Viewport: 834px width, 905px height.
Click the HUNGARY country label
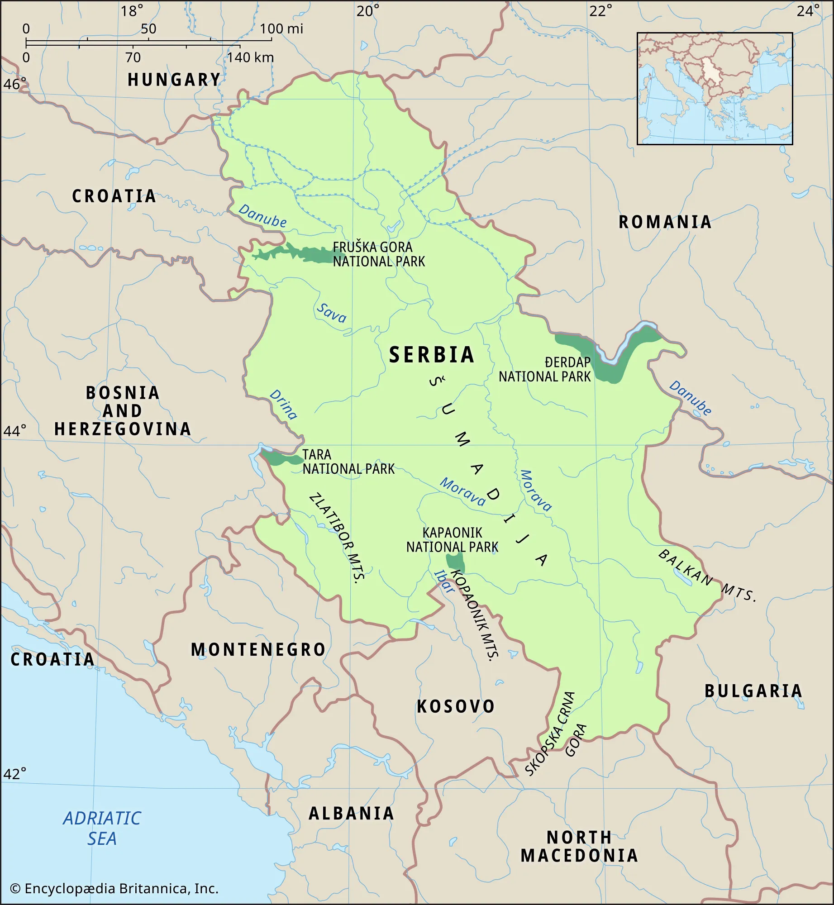click(x=174, y=80)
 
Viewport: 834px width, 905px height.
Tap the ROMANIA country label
click(x=665, y=222)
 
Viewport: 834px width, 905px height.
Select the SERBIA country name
click(x=432, y=355)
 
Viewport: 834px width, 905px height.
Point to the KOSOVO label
click(x=456, y=706)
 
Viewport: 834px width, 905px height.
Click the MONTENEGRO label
click(x=258, y=650)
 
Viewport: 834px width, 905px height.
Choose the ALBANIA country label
click(x=351, y=814)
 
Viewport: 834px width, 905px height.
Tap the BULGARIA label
click(x=753, y=691)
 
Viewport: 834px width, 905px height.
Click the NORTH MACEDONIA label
click(x=579, y=847)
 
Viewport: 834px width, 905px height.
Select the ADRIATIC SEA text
click(x=102, y=829)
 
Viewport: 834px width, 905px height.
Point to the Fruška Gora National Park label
click(x=378, y=254)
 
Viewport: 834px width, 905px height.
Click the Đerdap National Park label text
click(x=545, y=370)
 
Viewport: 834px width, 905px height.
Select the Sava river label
click(x=331, y=313)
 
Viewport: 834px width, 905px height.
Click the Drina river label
click(x=283, y=405)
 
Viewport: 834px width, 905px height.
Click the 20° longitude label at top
click(x=367, y=11)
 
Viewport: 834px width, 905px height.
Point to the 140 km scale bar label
click(x=250, y=58)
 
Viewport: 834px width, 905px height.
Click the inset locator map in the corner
click(x=715, y=89)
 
